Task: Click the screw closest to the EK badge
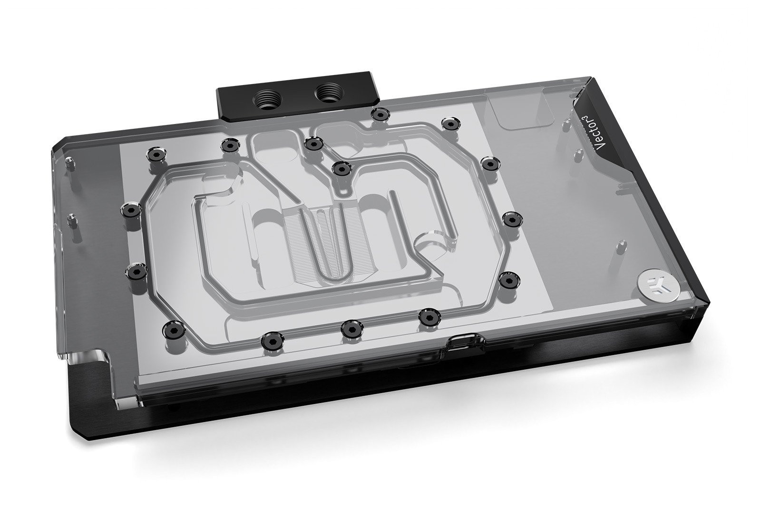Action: click(507, 279)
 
